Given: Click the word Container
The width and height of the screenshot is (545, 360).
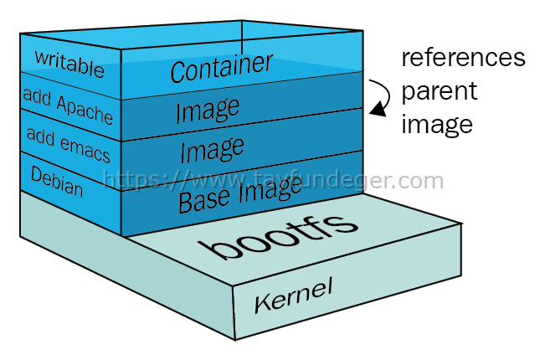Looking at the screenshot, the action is pyautogui.click(x=222, y=68).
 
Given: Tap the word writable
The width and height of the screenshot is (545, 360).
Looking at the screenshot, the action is pyautogui.click(x=69, y=64).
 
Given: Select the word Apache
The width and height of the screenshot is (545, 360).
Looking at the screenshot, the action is pyautogui.click(x=85, y=110).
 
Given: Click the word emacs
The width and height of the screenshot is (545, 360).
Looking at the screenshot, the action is pyautogui.click(x=85, y=149).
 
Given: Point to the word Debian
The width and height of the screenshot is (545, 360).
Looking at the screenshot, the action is pyautogui.click(x=57, y=182).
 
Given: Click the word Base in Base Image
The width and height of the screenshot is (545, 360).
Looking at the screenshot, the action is pyautogui.click(x=204, y=200).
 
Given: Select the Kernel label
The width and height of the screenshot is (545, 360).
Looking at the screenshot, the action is pyautogui.click(x=293, y=295).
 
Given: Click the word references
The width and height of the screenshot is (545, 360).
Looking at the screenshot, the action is pyautogui.click(x=463, y=58).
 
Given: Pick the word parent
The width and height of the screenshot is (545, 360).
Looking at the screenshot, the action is pyautogui.click(x=440, y=92).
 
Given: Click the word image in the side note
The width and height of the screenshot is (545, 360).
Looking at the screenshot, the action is pyautogui.click(x=437, y=125).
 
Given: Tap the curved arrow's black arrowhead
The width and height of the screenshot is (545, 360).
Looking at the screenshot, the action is pyautogui.click(x=378, y=109).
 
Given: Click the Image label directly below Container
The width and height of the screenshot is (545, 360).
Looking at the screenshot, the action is pyautogui.click(x=208, y=111).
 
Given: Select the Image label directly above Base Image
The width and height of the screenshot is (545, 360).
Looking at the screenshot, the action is pyautogui.click(x=212, y=149).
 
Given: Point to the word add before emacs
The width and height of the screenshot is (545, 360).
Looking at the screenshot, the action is pyautogui.click(x=41, y=136).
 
